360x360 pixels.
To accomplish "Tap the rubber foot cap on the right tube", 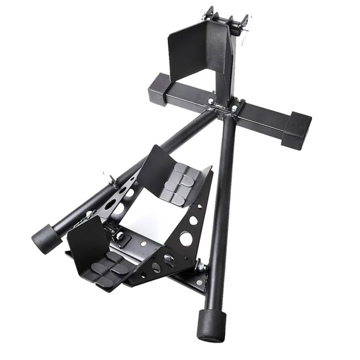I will point(210,325).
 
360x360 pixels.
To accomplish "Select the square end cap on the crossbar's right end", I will point(296,130).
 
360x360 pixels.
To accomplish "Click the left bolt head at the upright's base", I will point(210,101).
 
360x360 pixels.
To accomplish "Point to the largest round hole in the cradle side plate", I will point(186,239).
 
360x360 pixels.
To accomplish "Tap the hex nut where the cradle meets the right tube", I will point(201,268).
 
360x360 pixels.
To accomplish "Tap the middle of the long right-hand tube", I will point(220,216).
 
